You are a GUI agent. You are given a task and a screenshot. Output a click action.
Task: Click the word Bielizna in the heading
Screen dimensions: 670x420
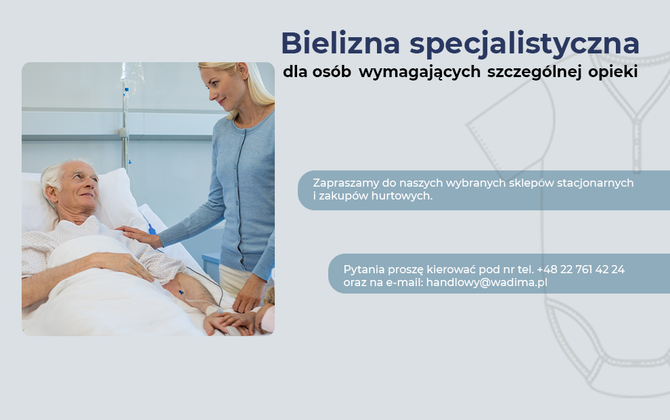pos(340,43)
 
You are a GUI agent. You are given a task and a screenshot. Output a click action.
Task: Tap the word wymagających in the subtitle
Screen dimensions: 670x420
pos(420,72)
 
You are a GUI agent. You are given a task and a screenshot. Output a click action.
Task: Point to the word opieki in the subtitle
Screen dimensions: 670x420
pos(612,72)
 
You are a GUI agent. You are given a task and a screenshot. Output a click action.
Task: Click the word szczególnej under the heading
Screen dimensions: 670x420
pos(534,72)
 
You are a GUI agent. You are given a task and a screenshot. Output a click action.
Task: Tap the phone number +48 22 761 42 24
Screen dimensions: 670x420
pos(581,269)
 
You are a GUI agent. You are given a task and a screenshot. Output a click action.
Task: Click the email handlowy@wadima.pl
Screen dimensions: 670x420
pos(487,283)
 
